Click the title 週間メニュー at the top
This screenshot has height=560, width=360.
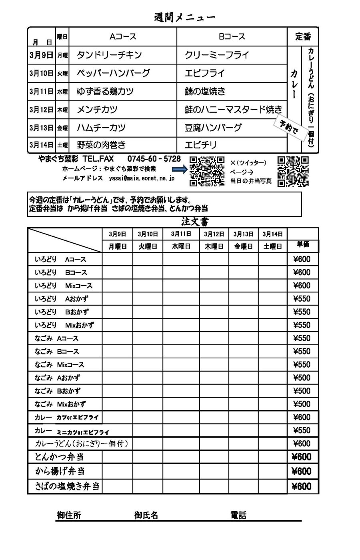point(185,17)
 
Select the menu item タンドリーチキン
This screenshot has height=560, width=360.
point(109,55)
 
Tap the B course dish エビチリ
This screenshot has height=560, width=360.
point(201,145)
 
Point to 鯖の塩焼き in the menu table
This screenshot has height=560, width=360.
point(205,92)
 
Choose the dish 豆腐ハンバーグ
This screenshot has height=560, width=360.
point(213,128)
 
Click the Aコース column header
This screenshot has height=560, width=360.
point(123,37)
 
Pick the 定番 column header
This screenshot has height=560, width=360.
point(303,37)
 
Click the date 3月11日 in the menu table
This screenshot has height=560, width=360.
point(41,92)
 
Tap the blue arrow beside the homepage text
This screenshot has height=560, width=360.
point(180,170)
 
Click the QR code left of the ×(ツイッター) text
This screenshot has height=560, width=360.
point(207,171)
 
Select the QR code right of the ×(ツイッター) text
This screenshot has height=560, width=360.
point(293,171)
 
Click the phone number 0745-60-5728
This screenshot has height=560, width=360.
point(154,159)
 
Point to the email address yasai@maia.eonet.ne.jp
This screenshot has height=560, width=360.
point(142,179)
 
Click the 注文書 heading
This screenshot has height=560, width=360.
point(195,222)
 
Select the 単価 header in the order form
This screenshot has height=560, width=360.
point(303,244)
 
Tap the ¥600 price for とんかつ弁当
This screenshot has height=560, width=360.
point(302,457)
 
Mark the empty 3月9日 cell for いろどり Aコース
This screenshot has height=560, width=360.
point(118,259)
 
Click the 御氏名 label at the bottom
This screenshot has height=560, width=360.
point(146,515)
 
